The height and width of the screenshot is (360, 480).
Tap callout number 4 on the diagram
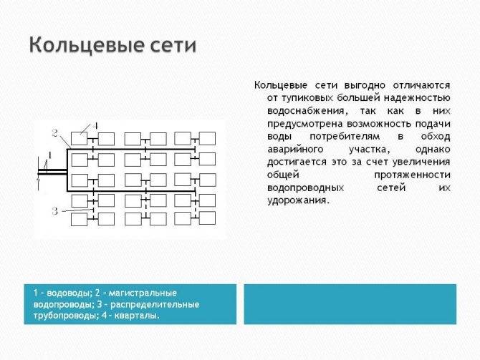coord(95,126)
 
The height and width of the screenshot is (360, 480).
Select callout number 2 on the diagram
coord(54,133)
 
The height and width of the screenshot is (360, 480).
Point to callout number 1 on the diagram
coord(49,155)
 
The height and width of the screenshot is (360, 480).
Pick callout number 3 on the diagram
coord(54,211)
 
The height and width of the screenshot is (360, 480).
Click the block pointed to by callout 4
coord(80,138)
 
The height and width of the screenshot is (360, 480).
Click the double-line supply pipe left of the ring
coord(52,172)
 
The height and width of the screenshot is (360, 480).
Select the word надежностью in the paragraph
coord(417,98)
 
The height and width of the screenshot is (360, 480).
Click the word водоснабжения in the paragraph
coord(307,111)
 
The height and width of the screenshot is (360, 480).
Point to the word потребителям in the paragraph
coord(345,137)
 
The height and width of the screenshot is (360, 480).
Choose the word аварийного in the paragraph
coord(295,150)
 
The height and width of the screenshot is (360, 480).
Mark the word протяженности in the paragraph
coord(412,175)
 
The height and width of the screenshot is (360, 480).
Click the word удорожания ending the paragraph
coord(298,200)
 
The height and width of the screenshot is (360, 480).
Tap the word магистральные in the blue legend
coord(143,293)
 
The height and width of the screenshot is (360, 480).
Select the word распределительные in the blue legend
coord(155,304)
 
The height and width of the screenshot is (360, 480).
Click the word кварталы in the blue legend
coord(137,316)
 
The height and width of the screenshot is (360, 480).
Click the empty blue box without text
coord(350,304)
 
